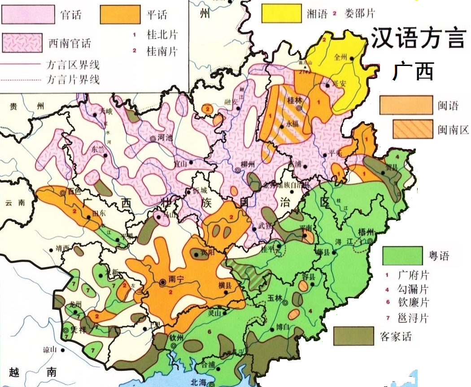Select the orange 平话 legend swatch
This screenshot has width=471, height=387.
tap(120, 14)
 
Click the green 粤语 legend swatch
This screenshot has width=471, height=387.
tap(403, 256)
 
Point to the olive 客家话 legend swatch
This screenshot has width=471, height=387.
tap(353, 336)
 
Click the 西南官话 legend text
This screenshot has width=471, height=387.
tap(70, 44)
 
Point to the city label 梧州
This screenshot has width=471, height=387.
tap(366, 232)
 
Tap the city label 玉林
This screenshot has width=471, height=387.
tap(274, 297)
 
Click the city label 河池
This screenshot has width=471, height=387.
tap(166, 139)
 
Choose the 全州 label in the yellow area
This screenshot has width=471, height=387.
tap(341, 57)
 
